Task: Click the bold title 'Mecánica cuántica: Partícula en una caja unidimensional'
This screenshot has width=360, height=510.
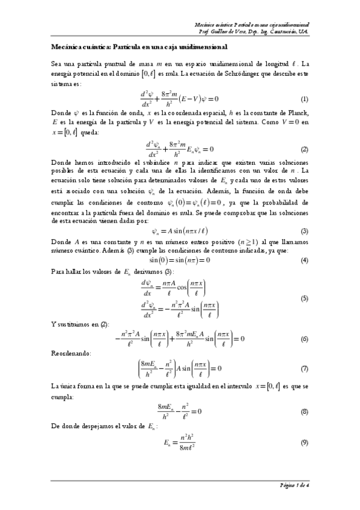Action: pos(139,46)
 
